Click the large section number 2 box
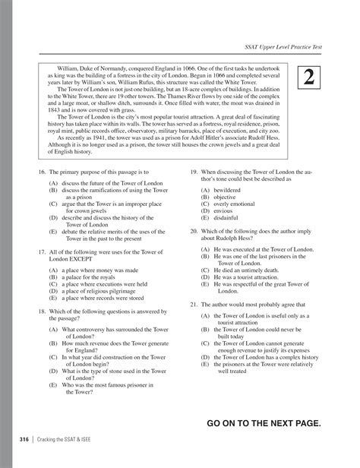[310, 77]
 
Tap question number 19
[194, 194]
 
